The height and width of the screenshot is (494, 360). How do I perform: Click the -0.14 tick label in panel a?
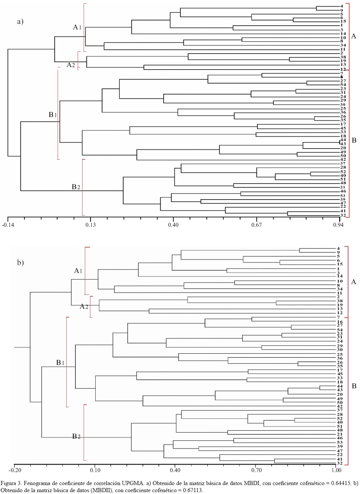point(8,225)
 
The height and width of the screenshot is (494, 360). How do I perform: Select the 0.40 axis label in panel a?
point(173,225)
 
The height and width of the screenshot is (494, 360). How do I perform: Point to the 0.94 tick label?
point(338,225)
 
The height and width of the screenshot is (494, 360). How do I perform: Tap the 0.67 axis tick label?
point(257,225)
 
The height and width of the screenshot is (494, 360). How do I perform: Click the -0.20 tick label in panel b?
point(15,470)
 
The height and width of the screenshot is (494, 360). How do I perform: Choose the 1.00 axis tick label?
point(337,470)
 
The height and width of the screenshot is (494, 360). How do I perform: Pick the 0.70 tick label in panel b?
point(256,470)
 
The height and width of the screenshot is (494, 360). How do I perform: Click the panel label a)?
point(20,21)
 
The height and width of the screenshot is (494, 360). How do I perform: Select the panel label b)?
point(20,262)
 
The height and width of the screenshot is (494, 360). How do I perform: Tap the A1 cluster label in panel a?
point(77,27)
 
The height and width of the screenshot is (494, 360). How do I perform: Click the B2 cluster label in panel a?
point(76,187)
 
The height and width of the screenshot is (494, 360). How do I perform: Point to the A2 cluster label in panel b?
point(84,306)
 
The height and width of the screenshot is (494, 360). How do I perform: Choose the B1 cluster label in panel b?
point(60,363)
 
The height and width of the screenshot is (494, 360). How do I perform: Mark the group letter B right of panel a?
point(354,140)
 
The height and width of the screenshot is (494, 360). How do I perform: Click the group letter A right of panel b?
point(354,282)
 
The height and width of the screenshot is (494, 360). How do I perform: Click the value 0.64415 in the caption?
point(341,483)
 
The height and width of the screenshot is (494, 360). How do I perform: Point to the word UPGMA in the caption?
point(133,483)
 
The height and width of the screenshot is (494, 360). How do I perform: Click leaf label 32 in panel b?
point(340,463)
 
